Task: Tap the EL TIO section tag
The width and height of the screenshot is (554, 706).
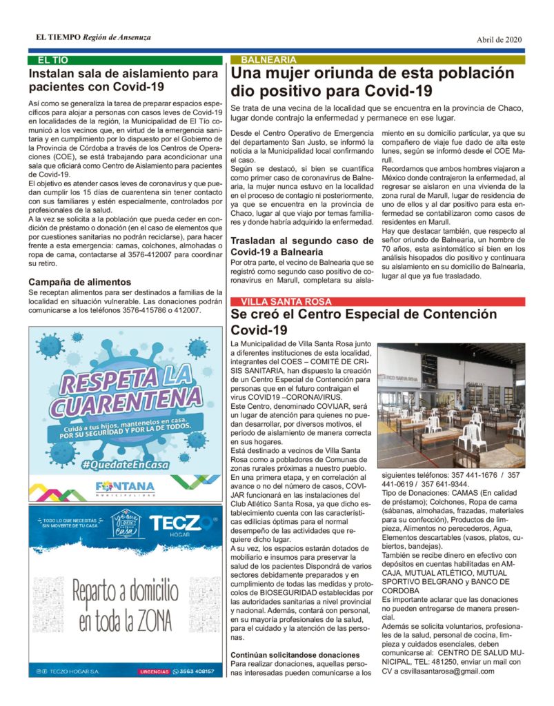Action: click(x=53, y=60)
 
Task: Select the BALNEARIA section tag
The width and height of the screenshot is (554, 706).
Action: click(x=268, y=60)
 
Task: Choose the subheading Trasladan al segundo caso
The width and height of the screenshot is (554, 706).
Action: click(x=301, y=246)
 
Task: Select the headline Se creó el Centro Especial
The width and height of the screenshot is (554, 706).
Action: click(x=364, y=321)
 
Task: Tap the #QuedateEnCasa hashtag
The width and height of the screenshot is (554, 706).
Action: click(x=125, y=465)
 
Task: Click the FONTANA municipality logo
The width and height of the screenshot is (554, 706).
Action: click(x=125, y=487)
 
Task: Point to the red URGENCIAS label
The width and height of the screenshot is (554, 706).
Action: click(x=155, y=671)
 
